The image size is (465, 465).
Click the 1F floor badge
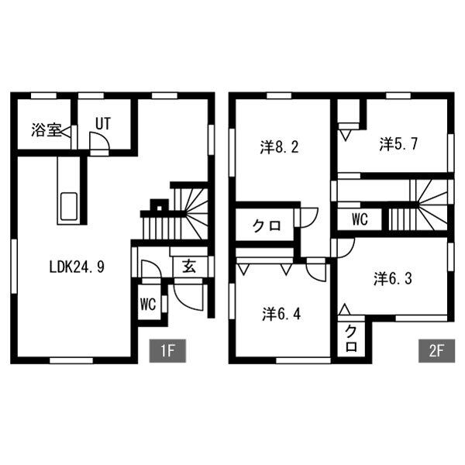tap(167, 351)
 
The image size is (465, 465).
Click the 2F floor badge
tap(436, 351)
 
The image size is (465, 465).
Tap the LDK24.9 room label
tap(77, 267)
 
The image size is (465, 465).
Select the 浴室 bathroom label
tap(46, 130)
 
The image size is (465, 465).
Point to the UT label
tap(103, 124)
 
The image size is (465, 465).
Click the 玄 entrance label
tap(189, 266)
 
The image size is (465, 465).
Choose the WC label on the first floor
tap(148, 304)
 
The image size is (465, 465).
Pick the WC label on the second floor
tap(360, 219)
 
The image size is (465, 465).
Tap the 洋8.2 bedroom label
tap(279, 146)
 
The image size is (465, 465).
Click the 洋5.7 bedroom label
tap(398, 144)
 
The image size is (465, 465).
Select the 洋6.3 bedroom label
tap(393, 279)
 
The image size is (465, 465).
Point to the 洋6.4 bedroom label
tap(281, 314)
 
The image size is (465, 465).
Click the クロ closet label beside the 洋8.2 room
tap(267, 226)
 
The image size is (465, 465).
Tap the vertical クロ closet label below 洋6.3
tap(351, 339)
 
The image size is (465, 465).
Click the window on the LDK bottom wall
tap(71, 360)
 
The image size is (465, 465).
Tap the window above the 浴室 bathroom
tap(44, 95)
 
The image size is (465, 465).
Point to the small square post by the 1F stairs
tap(159, 208)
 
